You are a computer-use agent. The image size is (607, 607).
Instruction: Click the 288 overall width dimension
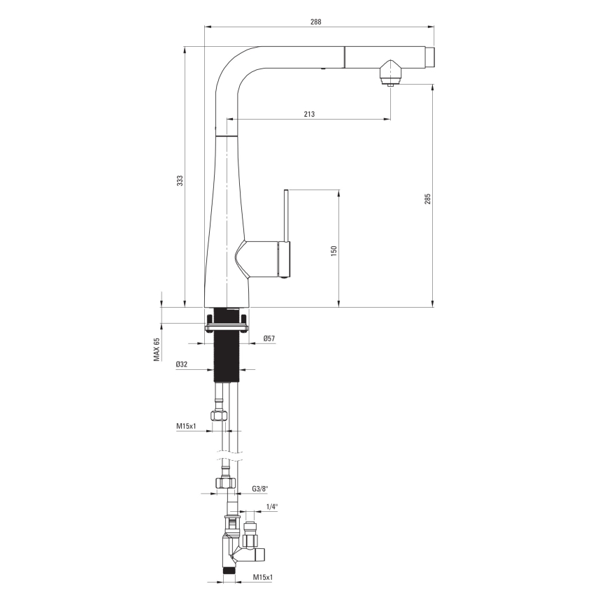315,22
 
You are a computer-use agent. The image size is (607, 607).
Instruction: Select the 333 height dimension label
180,181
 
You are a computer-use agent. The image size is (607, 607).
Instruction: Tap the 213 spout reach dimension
309,114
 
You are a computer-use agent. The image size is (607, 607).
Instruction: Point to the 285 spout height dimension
427,199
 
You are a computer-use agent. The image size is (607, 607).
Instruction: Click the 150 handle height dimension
334,250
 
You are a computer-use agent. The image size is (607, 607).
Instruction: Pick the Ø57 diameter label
269,338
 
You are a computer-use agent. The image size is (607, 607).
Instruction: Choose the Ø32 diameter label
182,364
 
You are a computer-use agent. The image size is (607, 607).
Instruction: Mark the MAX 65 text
157,350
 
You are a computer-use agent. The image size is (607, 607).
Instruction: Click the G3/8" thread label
259,489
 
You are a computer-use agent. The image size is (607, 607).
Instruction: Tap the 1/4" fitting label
272,507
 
